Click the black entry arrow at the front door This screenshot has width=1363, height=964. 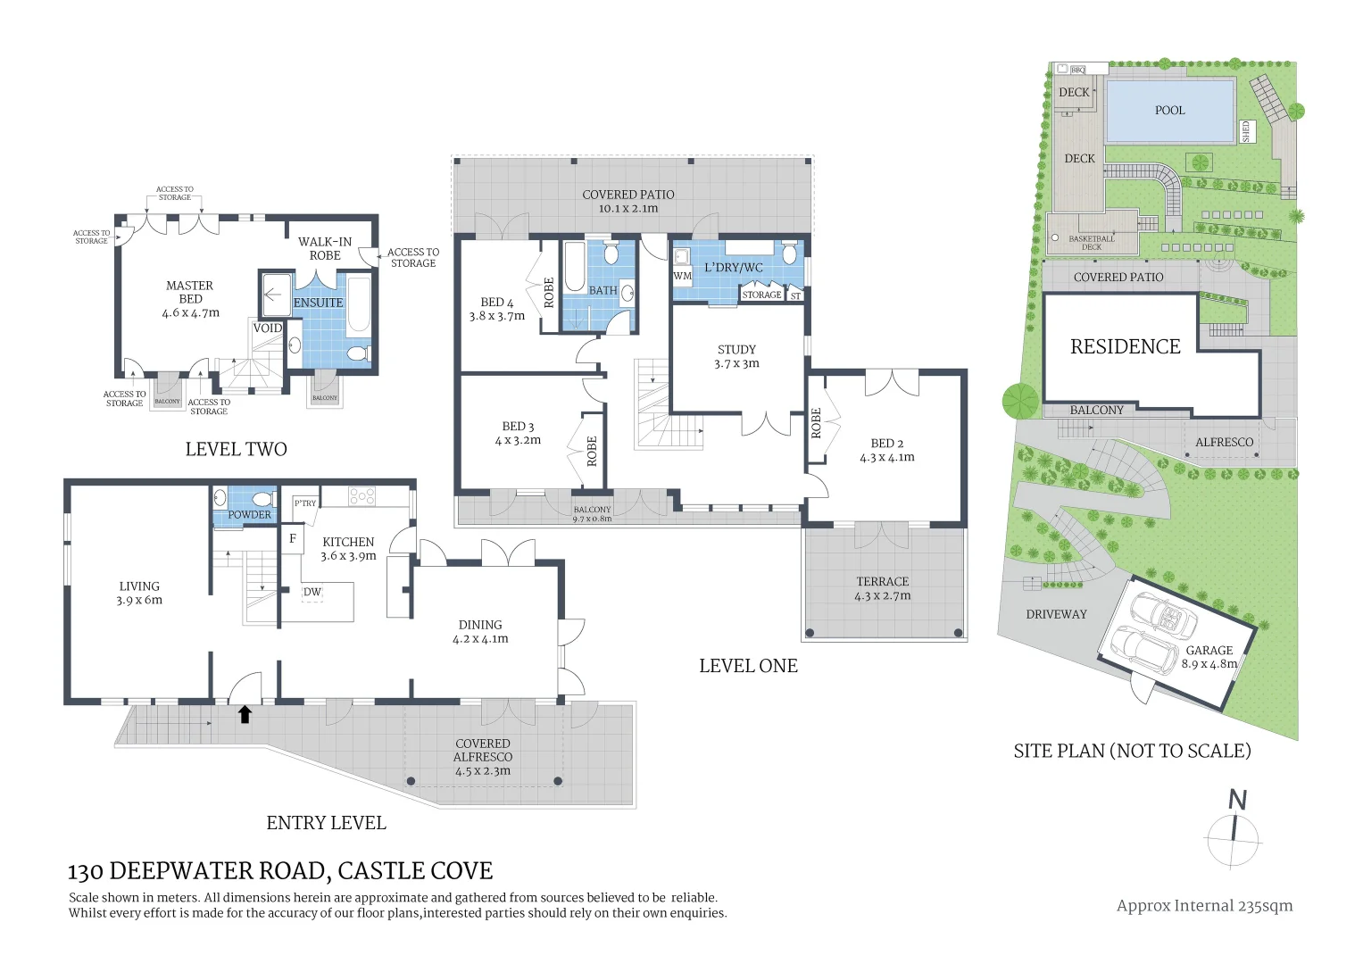tap(245, 713)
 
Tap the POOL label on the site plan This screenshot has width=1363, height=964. tap(1169, 111)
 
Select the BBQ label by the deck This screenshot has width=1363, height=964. tap(1077, 70)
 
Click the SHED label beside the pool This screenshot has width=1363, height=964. tap(1247, 131)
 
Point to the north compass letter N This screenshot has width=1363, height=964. tap(1237, 800)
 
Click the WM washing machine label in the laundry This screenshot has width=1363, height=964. tap(682, 276)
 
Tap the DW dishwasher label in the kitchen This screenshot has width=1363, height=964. tap(312, 592)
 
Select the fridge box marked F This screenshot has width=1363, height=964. tap(292, 538)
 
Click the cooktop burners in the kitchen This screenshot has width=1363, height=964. tap(362, 495)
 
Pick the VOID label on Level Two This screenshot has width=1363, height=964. tap(267, 328)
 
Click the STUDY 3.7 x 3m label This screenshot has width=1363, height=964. tap(736, 356)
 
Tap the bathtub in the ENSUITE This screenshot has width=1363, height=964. tap(359, 304)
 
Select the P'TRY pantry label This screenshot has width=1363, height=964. tap(305, 503)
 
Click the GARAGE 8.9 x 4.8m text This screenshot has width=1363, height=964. tap(1209, 657)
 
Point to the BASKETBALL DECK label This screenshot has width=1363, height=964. tap(1092, 242)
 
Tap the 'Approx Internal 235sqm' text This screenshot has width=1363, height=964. tap(1204, 905)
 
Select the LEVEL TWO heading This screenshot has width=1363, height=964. tap(236, 449)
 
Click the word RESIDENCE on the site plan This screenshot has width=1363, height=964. tap(1125, 346)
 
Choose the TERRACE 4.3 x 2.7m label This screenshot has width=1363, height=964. tap(882, 588)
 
